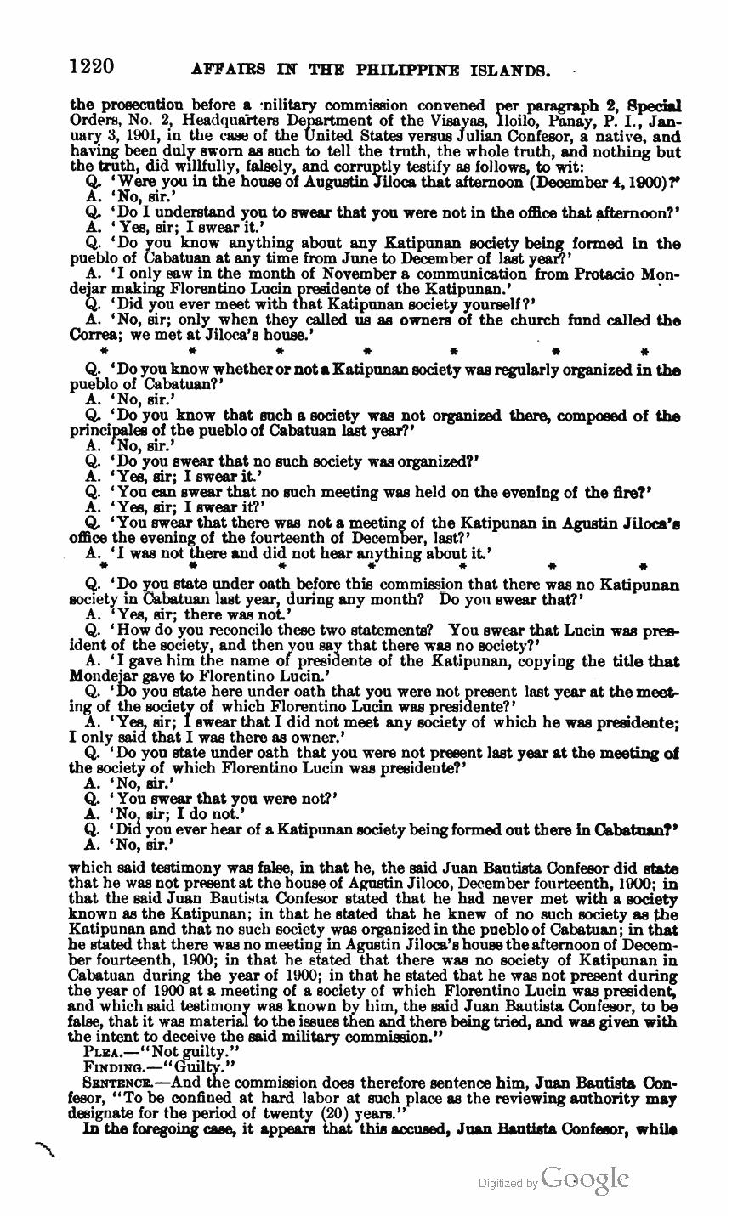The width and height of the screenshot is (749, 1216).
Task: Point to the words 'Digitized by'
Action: coord(508,1182)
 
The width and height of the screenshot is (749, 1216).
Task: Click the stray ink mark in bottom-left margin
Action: coord(44,1150)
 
